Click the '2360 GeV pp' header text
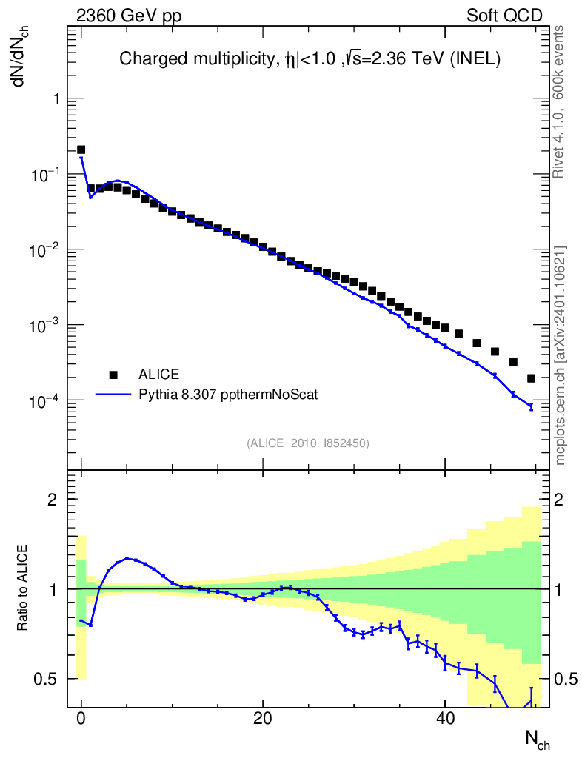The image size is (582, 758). coord(129,16)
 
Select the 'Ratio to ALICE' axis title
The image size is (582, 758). coord(23,588)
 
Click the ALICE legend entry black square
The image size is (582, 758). coord(113,374)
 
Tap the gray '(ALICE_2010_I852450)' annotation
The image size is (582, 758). coord(308,443)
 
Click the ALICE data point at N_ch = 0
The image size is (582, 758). coord(81,150)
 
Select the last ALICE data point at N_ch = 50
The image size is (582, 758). coord(531,378)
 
